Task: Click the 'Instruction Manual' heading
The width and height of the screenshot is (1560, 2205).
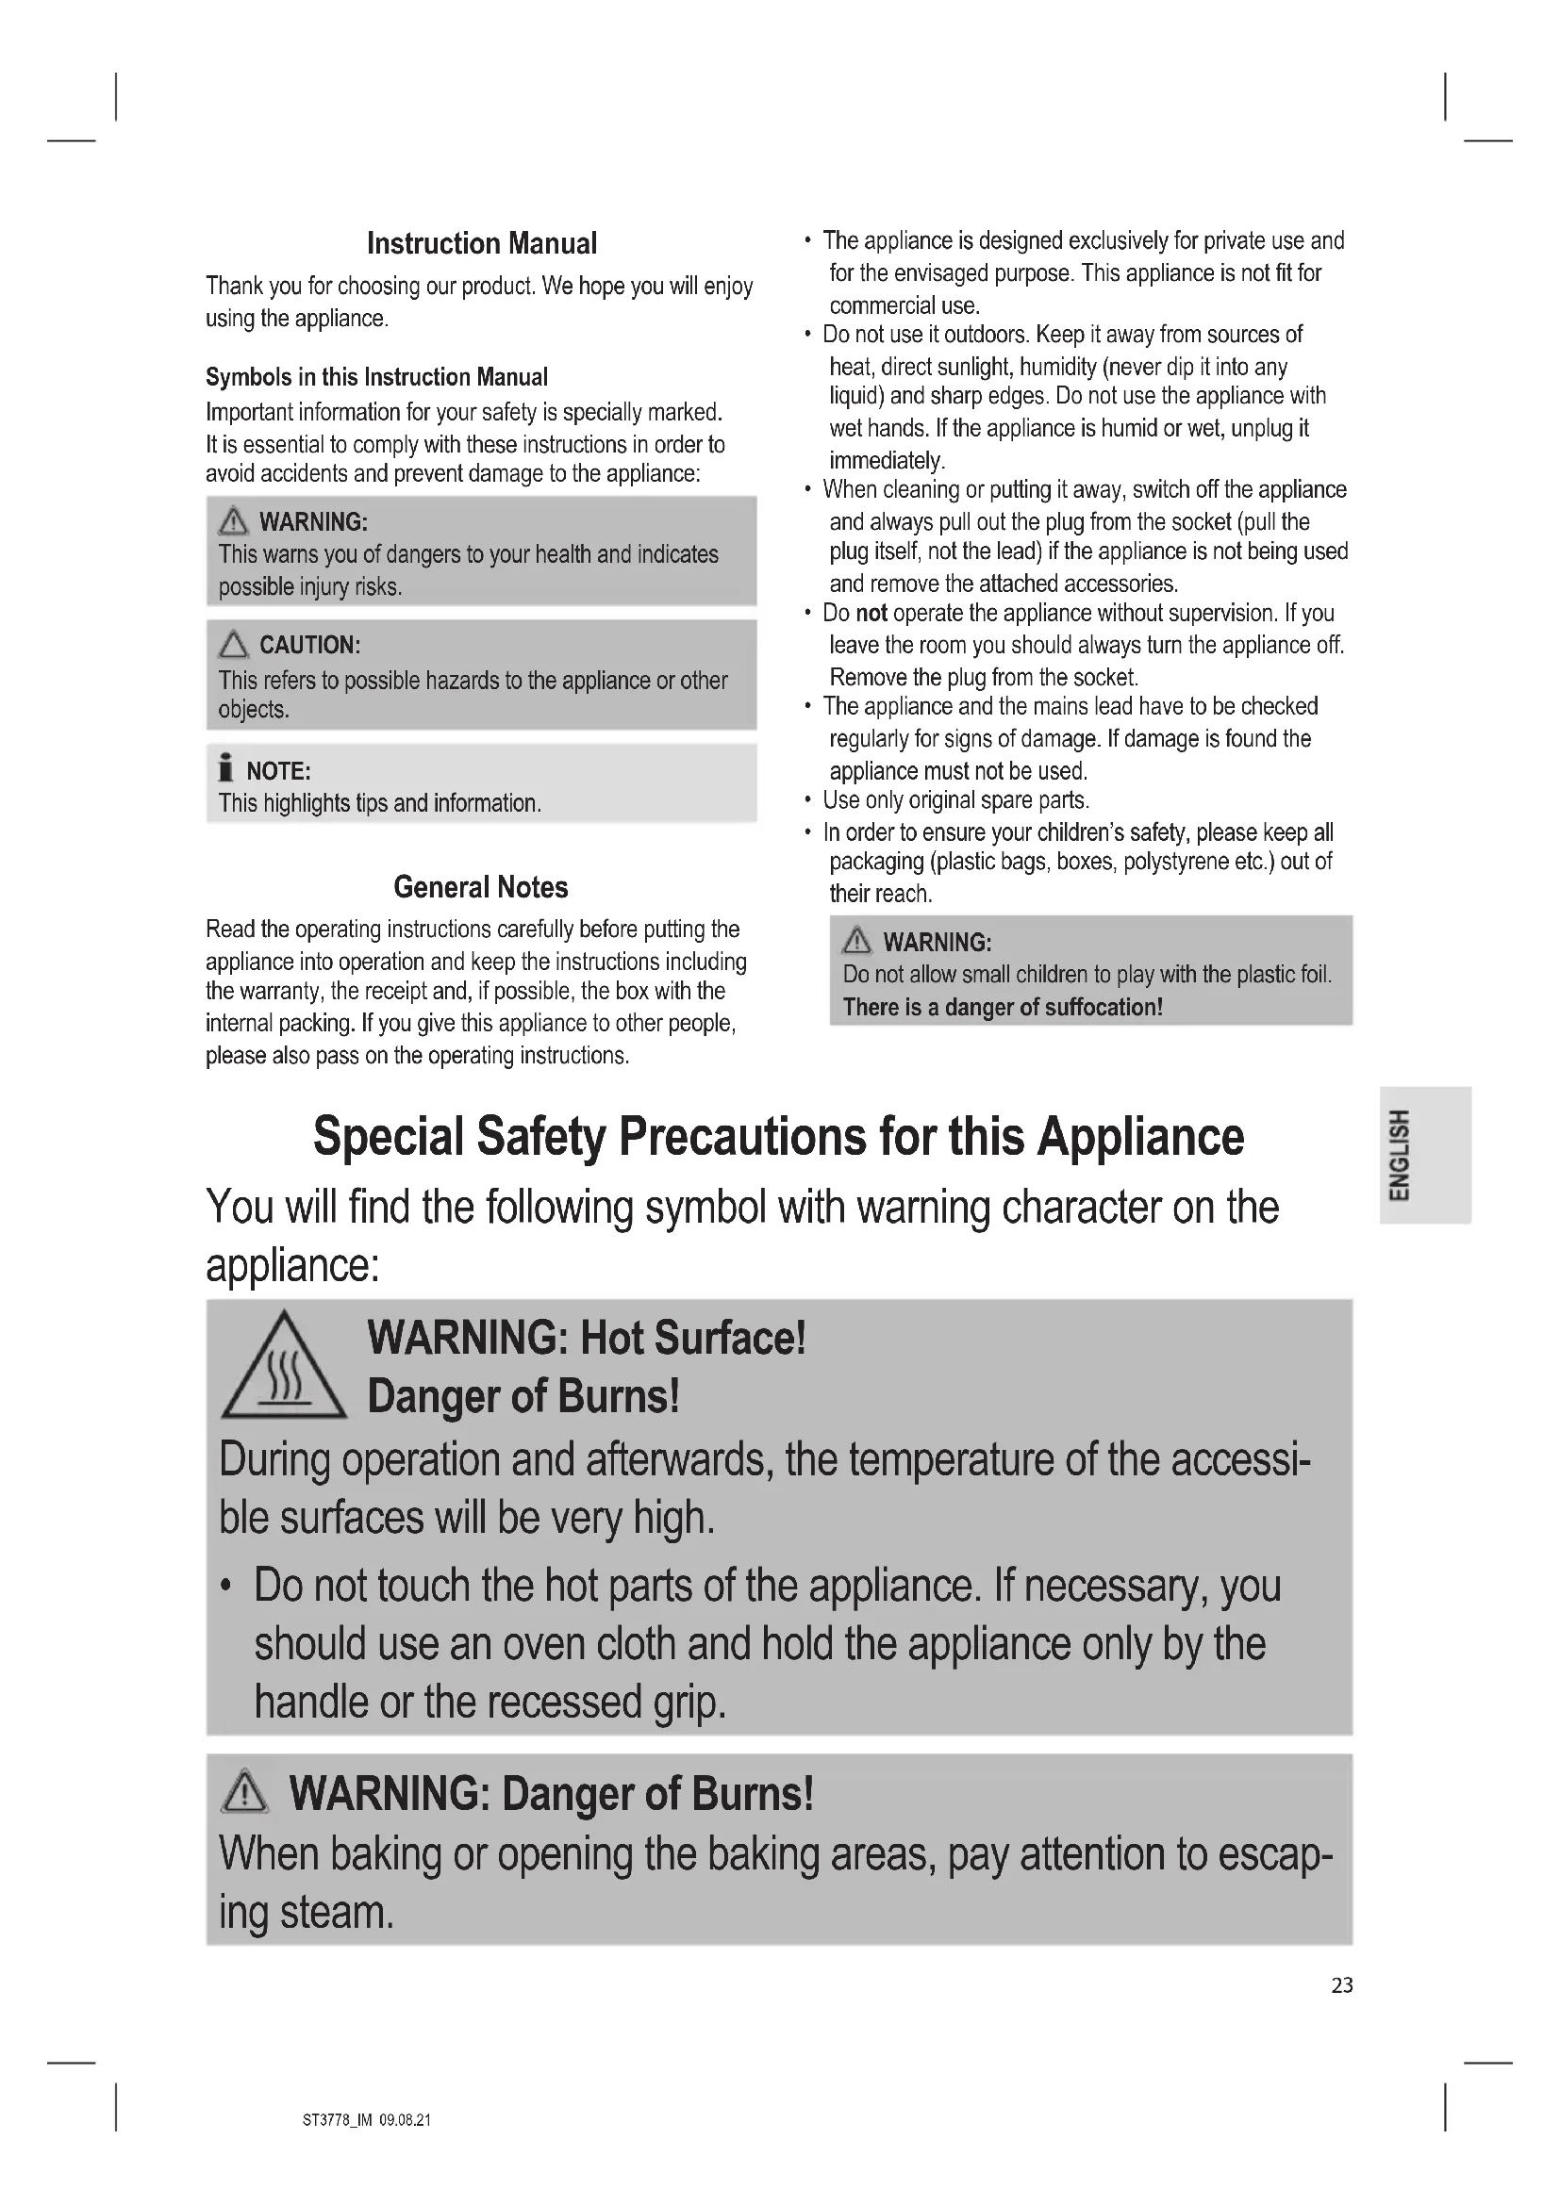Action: coord(481,244)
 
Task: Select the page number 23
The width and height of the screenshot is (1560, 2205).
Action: coord(1342,1985)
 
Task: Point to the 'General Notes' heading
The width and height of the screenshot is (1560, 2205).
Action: coord(480,887)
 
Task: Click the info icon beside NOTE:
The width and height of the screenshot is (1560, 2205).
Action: coord(225,768)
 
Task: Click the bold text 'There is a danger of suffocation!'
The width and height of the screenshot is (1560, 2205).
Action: coord(1002,1008)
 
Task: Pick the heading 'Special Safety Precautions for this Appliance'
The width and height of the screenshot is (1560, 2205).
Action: coord(778,1137)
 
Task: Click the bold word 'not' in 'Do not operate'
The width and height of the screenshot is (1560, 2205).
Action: coord(871,614)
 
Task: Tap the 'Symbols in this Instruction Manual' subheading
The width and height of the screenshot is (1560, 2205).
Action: coord(376,377)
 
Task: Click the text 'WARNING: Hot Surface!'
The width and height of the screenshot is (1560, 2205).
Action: coord(586,1338)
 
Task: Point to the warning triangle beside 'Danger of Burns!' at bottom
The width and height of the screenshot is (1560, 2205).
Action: coord(244,1792)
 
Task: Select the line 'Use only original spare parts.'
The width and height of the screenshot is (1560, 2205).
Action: coord(955,801)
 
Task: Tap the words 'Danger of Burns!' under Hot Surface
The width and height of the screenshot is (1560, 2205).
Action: coord(523,1396)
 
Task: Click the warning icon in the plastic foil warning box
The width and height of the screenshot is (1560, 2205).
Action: coord(855,941)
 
